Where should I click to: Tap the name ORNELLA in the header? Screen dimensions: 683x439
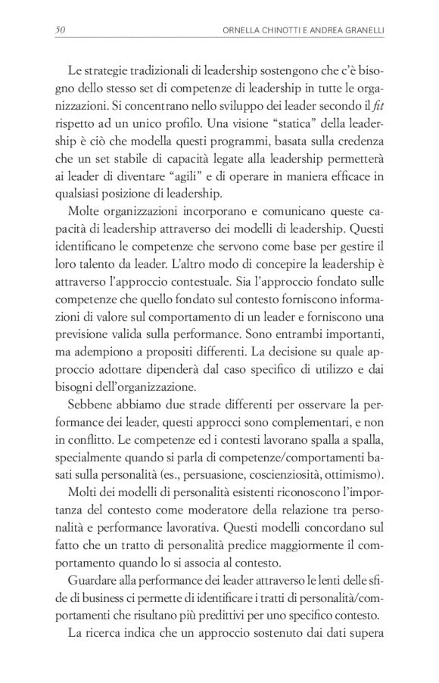238,29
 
